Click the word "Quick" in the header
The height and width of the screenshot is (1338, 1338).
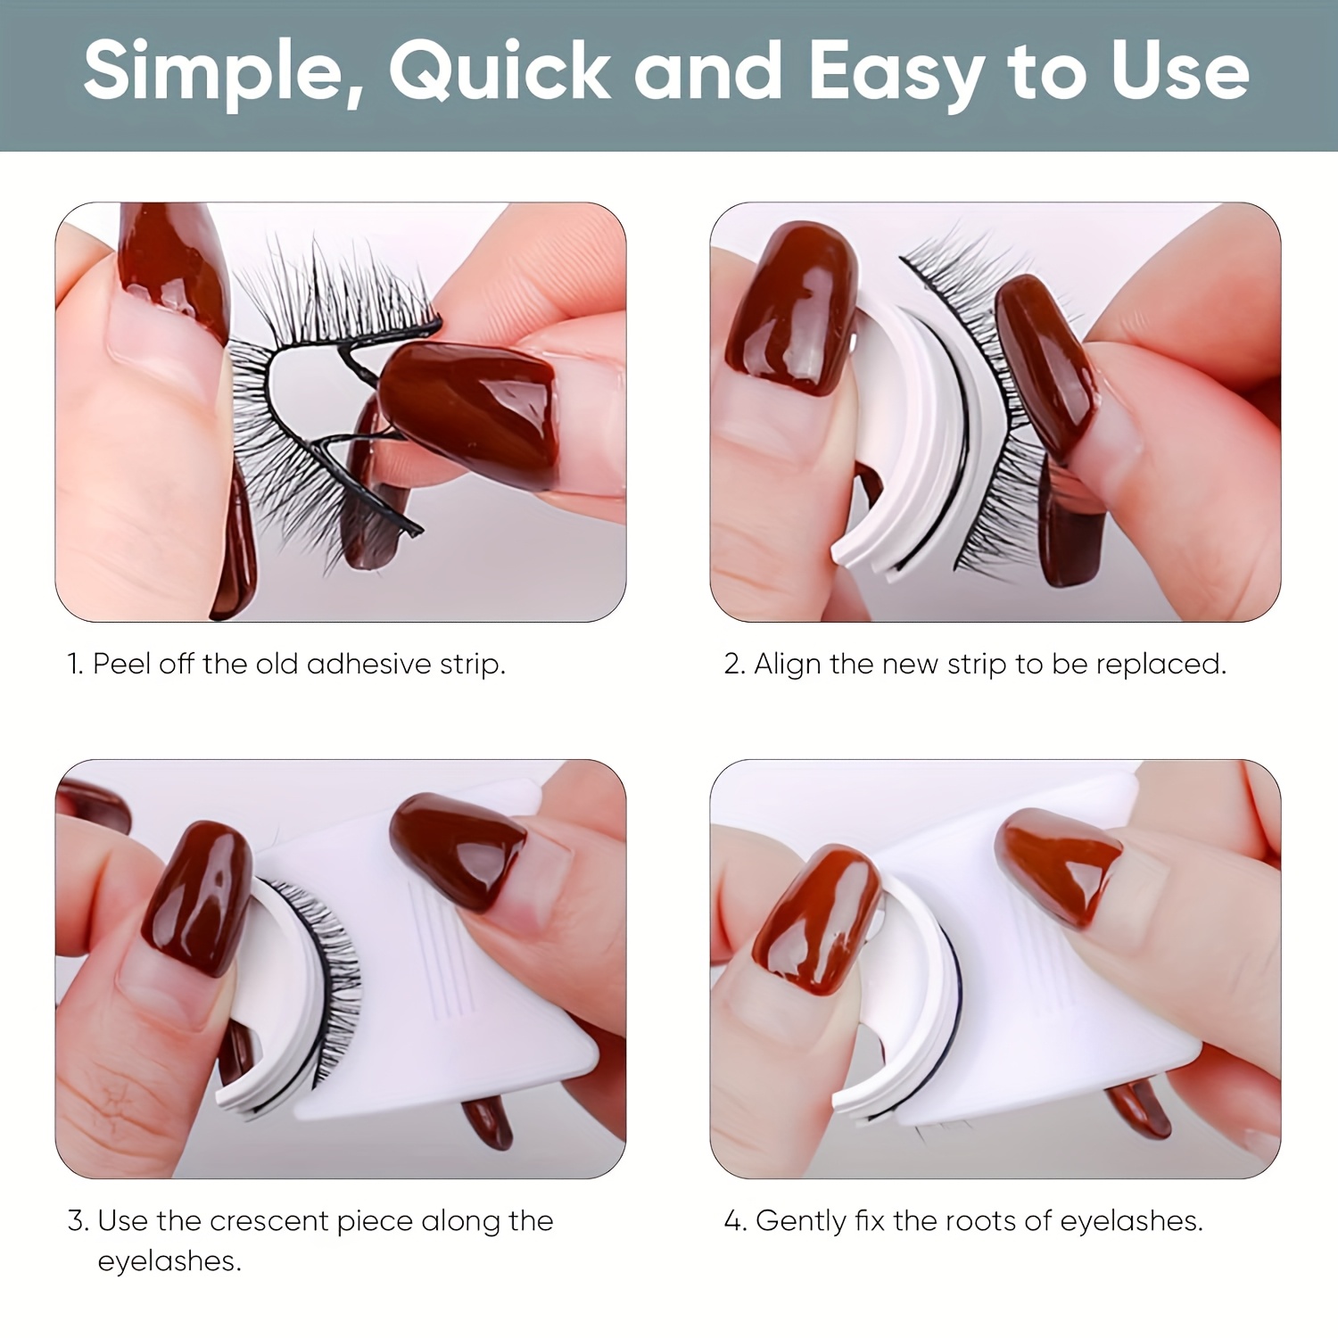(x=499, y=70)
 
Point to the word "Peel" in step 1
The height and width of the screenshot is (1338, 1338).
(x=121, y=664)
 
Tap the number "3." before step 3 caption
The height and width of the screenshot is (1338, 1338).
(x=78, y=1220)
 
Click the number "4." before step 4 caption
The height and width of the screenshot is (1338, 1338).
(x=735, y=1220)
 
